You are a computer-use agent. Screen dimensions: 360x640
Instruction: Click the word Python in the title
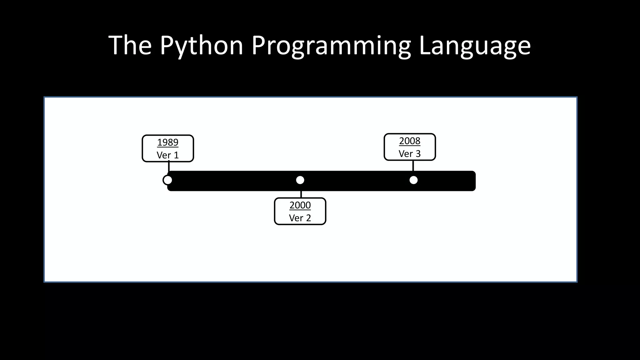tap(202, 46)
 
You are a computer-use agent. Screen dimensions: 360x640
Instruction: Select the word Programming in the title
tap(331, 46)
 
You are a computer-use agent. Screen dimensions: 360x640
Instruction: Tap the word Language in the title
tap(474, 46)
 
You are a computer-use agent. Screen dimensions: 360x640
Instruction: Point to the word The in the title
tap(130, 46)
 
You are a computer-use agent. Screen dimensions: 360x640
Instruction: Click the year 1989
tap(168, 142)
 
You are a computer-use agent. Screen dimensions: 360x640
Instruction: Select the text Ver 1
tap(168, 155)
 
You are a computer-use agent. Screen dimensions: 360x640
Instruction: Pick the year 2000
tap(300, 205)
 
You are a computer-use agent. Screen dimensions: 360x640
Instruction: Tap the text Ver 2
tap(300, 218)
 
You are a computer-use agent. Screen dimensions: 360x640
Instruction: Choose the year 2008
tap(410, 141)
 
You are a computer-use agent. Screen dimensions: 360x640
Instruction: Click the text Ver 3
tap(410, 154)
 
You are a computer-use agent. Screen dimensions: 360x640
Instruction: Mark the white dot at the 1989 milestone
tap(167, 180)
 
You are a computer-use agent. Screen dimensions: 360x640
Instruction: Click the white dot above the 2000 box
tap(300, 180)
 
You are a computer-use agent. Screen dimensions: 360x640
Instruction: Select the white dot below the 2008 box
tap(413, 180)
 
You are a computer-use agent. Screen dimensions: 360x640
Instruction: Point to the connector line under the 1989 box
tap(169, 166)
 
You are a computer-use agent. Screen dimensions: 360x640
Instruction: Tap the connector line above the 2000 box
tap(301, 194)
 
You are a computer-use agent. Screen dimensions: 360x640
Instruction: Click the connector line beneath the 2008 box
tap(413, 166)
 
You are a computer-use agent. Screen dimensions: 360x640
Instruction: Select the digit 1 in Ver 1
tap(176, 155)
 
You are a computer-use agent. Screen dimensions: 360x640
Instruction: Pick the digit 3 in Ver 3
tap(418, 154)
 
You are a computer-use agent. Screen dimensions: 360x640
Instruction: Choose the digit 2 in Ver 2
tap(308, 218)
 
